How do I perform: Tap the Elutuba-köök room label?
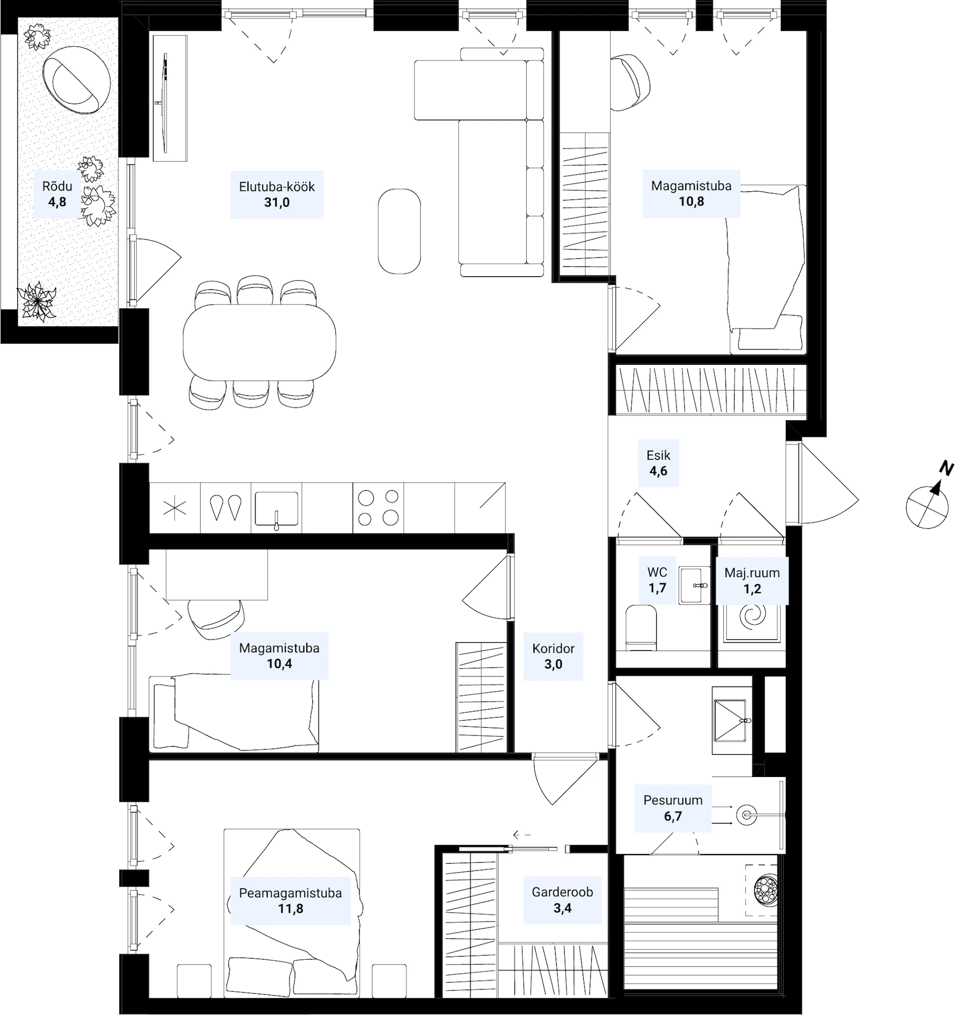[277, 187]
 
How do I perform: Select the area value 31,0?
[277, 202]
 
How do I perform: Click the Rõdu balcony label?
[57, 186]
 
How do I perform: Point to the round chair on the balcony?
[76, 80]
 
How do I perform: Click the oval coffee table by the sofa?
[399, 231]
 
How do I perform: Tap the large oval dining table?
[260, 342]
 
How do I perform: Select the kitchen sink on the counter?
[276, 509]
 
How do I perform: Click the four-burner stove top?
[378, 507]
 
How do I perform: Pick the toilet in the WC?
[641, 627]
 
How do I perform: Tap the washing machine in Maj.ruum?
[752, 623]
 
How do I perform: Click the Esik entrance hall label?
[658, 455]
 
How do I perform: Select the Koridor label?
[553, 649]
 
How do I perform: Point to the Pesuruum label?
[673, 800]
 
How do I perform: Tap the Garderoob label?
[562, 892]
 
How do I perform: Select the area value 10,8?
[691, 201]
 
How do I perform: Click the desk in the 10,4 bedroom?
[216, 574]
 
